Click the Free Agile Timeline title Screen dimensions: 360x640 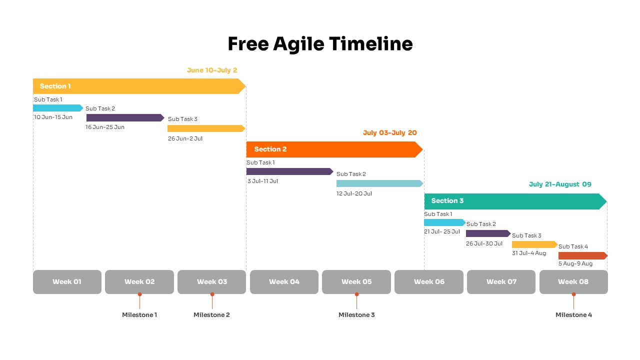(320, 44)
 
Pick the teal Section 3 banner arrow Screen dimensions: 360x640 (515, 201)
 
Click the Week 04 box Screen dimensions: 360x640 (284, 282)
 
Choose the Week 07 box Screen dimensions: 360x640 (501, 282)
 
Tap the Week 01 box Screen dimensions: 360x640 (67, 282)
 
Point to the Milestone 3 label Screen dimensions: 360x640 (356, 315)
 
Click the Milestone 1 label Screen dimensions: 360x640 (139, 315)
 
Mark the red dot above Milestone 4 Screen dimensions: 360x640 (573, 294)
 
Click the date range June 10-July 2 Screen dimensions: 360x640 (212, 70)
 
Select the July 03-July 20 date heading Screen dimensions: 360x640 (389, 133)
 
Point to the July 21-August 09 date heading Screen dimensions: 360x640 (560, 184)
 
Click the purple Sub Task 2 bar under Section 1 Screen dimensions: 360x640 (125, 118)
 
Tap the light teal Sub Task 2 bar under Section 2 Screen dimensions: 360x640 (379, 183)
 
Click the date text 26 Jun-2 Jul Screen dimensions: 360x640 (185, 138)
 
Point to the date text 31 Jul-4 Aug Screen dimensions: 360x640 (529, 253)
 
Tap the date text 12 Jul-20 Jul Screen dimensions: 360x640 (354, 193)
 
